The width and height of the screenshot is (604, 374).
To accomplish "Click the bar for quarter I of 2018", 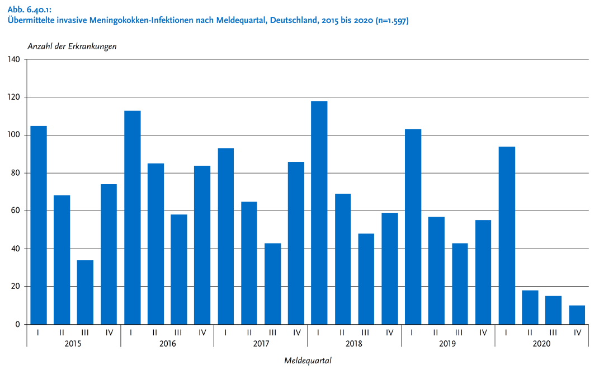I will tap(319, 213).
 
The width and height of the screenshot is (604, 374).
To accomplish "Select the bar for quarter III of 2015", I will tap(85, 292).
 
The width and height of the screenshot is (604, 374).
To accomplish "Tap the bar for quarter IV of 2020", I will tap(577, 315).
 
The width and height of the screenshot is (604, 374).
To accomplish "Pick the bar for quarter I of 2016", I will tap(132, 217).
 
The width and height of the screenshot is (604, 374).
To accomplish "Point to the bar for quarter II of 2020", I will tap(530, 307).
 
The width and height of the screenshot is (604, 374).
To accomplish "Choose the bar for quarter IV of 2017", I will tap(296, 243).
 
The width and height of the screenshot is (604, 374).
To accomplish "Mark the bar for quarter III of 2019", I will tap(460, 283).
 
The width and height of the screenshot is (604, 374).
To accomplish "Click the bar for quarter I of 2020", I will tap(507, 235).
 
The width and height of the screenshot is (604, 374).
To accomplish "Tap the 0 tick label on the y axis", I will tap(17, 324).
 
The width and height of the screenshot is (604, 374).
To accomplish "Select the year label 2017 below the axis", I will tap(261, 343).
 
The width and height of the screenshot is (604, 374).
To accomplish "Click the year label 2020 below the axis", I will tap(541, 343).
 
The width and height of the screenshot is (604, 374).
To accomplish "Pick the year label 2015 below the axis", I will tap(73, 343).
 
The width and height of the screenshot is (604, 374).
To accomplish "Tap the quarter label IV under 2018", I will tap(389, 332).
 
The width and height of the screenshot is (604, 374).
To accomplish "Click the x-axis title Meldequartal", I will tap(308, 361).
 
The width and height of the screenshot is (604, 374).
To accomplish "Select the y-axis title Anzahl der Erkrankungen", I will tap(72, 46).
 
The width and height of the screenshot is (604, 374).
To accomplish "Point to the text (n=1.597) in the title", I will tap(389, 21).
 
